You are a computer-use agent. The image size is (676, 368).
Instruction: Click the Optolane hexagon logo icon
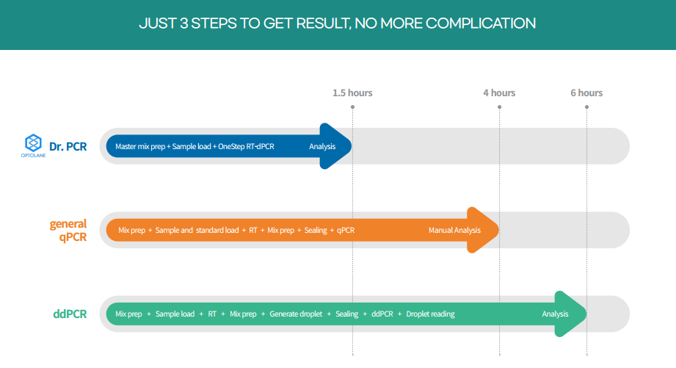pyautogui.click(x=33, y=142)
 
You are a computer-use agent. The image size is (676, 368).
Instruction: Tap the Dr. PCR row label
pyautogui.click(x=68, y=147)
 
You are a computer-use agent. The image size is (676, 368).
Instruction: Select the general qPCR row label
pyautogui.click(x=68, y=230)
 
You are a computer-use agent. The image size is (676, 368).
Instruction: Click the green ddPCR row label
pyautogui.click(x=70, y=314)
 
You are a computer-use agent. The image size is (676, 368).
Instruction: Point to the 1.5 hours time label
pyautogui.click(x=352, y=93)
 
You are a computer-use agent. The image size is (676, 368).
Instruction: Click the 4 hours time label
pyautogui.click(x=499, y=93)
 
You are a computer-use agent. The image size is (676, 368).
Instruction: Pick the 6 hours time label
pyautogui.click(x=586, y=93)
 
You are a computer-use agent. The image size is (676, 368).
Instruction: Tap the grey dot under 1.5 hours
pyautogui.click(x=352, y=107)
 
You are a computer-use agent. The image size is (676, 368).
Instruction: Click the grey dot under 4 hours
pyautogui.click(x=499, y=107)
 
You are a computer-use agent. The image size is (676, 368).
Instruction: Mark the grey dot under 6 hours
pyautogui.click(x=586, y=107)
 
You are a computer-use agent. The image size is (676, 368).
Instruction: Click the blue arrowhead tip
pyautogui.click(x=352, y=146)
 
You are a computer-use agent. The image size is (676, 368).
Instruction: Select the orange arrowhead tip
pyautogui.click(x=498, y=230)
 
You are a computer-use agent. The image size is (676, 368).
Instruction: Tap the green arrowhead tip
pyautogui.click(x=586, y=314)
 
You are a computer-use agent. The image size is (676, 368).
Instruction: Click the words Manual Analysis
pyautogui.click(x=454, y=231)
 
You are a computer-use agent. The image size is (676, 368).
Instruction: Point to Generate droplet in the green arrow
pyautogui.click(x=296, y=314)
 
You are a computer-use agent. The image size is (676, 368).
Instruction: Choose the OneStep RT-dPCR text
pyautogui.click(x=246, y=147)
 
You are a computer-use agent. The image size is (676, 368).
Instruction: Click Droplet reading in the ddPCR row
pyautogui.click(x=430, y=314)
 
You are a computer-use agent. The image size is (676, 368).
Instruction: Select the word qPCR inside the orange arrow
pyautogui.click(x=346, y=231)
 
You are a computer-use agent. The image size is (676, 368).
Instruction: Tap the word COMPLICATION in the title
pyautogui.click(x=481, y=24)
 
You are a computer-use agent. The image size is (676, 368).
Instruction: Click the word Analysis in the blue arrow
pyautogui.click(x=322, y=147)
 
